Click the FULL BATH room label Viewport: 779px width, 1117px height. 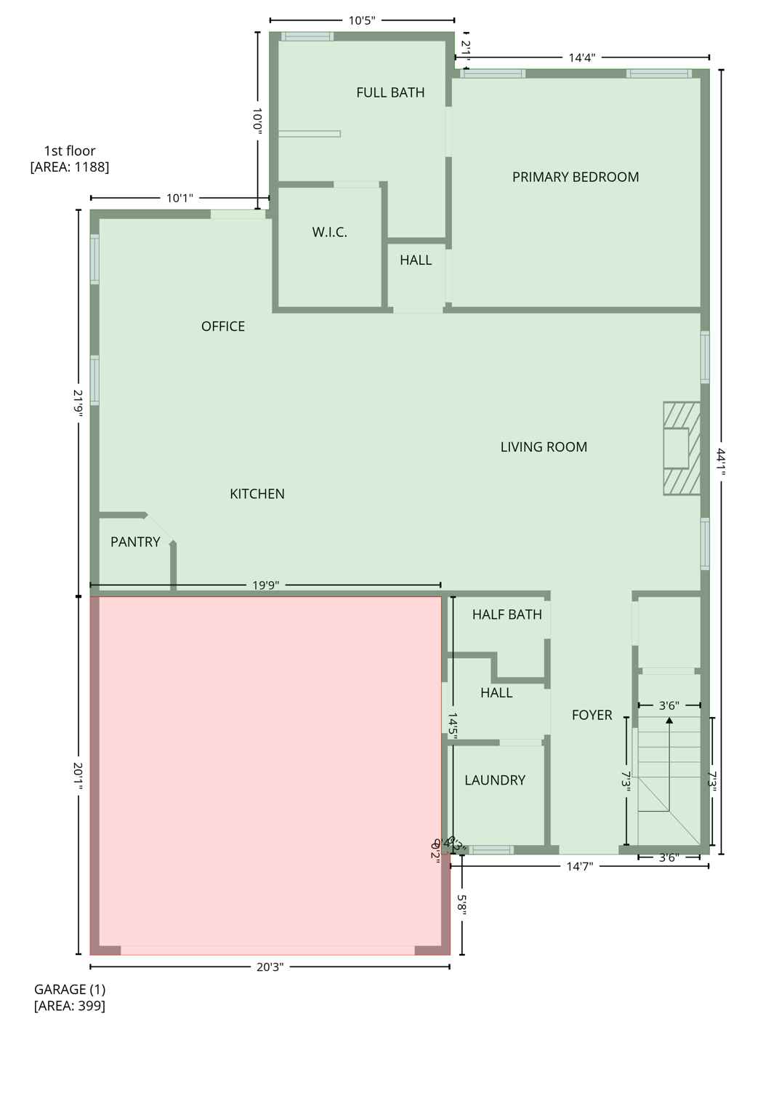[390, 92]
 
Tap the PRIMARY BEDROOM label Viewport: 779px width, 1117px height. [576, 177]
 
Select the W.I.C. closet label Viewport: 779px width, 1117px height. [330, 232]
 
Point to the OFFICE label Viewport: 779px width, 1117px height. [223, 327]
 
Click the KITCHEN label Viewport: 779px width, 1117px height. [257, 494]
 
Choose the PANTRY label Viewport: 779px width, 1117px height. [135, 542]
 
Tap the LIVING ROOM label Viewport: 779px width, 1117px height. [544, 447]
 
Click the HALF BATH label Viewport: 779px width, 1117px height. [507, 614]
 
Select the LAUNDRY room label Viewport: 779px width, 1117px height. [495, 780]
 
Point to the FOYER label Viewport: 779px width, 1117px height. [592, 715]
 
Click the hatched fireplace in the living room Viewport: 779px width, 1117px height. [682, 449]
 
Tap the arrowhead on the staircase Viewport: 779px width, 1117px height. [669, 721]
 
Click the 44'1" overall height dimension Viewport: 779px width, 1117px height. [721, 461]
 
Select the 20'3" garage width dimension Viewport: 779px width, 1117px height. [270, 967]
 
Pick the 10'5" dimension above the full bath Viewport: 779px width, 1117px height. [362, 20]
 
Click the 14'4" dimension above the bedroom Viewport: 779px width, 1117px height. [582, 57]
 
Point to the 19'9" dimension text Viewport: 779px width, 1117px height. [266, 585]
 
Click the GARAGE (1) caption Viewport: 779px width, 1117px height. [70, 990]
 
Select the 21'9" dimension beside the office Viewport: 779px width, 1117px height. [78, 401]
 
